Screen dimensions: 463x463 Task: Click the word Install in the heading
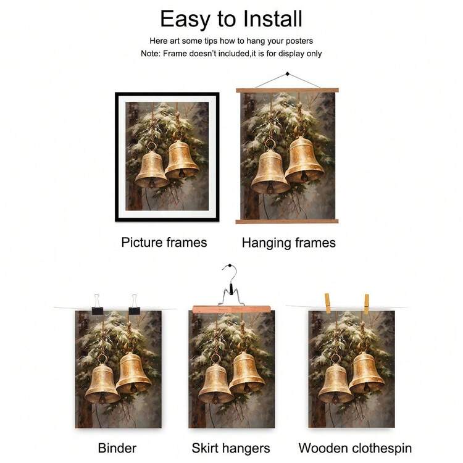(272, 19)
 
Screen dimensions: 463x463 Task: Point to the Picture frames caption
(164, 243)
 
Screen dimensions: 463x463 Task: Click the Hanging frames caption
(289, 243)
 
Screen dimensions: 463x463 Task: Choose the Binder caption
(117, 448)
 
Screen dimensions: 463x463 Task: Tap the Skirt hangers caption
(231, 448)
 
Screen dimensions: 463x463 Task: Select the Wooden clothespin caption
(355, 448)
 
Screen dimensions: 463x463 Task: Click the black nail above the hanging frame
(287, 74)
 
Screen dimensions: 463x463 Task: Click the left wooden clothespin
(327, 303)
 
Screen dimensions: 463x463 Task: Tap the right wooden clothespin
(367, 304)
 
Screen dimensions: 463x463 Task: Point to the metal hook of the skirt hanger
(231, 285)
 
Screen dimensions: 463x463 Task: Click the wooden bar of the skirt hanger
(231, 309)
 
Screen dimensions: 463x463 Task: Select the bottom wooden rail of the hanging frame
(287, 221)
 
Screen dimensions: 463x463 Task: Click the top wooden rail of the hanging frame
(287, 90)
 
